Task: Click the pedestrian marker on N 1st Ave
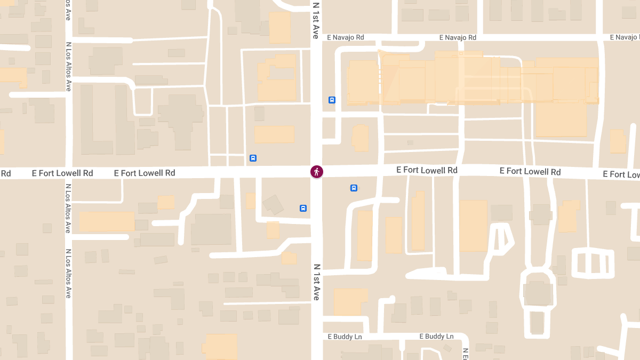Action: tap(317, 172)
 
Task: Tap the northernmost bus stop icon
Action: tap(332, 100)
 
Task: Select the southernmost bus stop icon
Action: tap(303, 209)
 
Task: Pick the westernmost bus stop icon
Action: tap(253, 158)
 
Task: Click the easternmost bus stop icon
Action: tap(354, 188)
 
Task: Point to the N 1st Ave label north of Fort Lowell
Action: tap(316, 20)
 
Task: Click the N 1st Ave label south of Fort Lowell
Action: tap(316, 282)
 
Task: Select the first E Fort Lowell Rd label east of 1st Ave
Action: tap(427, 170)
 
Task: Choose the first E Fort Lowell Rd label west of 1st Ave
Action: tap(145, 173)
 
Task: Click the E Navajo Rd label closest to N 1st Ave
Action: tap(345, 37)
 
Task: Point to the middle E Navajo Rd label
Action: tap(458, 37)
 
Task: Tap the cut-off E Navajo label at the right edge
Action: tap(625, 37)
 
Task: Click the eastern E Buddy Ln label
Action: tap(436, 337)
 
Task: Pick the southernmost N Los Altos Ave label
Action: tap(68, 273)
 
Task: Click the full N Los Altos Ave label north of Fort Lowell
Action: tap(68, 67)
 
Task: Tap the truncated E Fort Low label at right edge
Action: tap(621, 174)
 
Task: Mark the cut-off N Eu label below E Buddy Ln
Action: tap(465, 354)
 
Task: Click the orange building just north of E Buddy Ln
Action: tap(350, 302)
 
